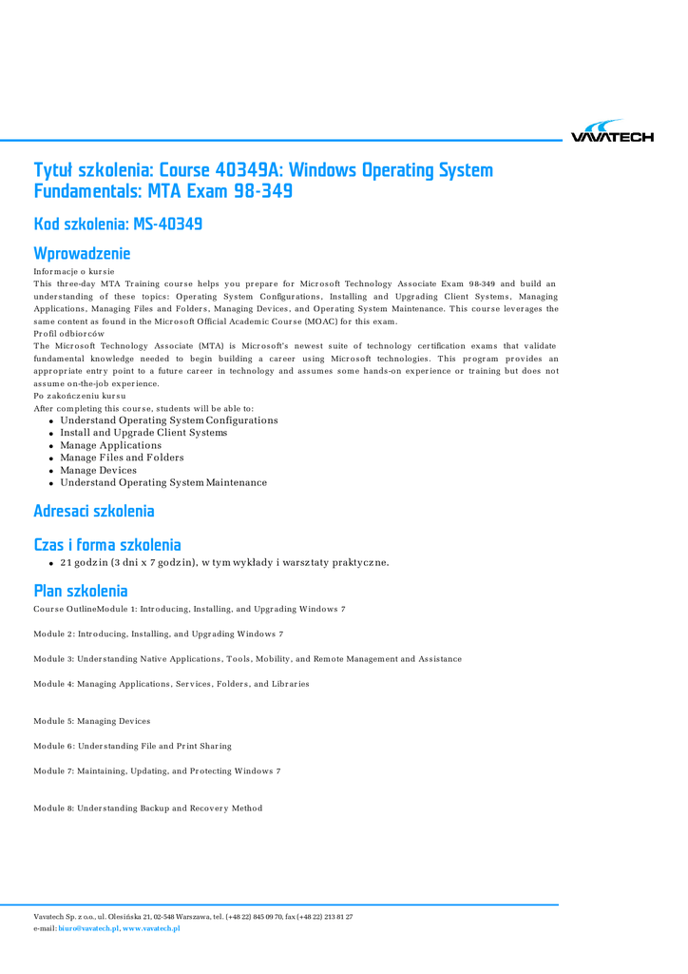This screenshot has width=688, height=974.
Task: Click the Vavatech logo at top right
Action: (612, 132)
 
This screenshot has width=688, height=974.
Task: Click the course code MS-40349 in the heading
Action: (167, 224)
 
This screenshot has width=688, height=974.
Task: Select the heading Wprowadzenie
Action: (82, 253)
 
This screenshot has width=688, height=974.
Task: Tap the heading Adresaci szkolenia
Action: (93, 511)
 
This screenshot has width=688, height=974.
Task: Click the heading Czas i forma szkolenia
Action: (106, 545)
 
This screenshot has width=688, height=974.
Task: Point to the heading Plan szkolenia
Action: (80, 591)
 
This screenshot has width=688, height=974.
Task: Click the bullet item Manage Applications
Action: (110, 445)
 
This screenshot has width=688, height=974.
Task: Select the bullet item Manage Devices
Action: (98, 470)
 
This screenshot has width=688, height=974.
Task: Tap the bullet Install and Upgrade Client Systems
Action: (143, 433)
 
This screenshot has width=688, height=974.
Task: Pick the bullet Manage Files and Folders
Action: (122, 458)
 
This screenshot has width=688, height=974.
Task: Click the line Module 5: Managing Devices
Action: (91, 721)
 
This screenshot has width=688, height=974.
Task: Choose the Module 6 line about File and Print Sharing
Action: (132, 746)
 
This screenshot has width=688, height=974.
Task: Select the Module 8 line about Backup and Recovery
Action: (147, 808)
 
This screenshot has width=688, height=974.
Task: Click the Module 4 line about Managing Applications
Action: (171, 684)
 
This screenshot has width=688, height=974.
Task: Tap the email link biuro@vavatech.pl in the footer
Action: (88, 928)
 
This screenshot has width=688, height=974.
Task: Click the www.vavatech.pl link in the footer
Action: (151, 928)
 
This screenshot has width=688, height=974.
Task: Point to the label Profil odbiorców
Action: (68, 334)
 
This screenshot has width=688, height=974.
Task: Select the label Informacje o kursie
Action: (72, 272)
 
